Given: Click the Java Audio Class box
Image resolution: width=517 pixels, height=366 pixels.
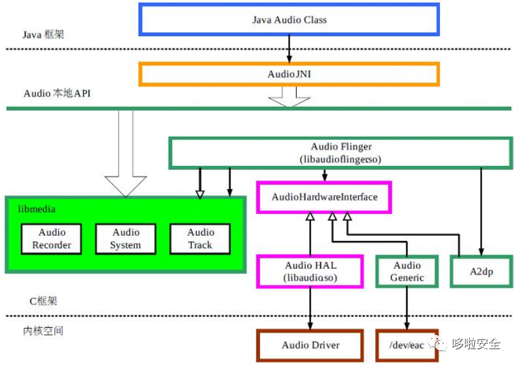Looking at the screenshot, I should tap(289, 19).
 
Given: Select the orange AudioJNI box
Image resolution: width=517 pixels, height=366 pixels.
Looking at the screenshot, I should tap(289, 74).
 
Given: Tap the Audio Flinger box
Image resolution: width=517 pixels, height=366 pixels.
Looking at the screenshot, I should tap(341, 152).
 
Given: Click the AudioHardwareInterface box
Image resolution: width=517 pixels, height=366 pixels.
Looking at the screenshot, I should tap(324, 197).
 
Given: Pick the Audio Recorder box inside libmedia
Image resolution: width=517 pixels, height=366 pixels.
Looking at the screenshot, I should tap(52, 239).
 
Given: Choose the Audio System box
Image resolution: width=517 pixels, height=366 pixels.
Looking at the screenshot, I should tap(126, 239).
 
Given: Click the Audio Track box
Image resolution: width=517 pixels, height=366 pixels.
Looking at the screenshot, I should tap(200, 239).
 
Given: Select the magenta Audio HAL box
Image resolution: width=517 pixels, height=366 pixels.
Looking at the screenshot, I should tap(311, 271).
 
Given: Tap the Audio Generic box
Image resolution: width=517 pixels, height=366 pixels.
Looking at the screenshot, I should tap(407, 271).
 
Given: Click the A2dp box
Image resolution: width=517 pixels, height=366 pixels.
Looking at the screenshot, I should tap(480, 271).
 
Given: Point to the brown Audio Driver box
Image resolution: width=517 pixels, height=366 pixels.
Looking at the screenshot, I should tap(310, 345).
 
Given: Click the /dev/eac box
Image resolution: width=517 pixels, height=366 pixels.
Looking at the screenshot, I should tap(407, 345).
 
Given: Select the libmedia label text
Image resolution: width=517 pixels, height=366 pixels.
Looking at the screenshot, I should tap(37, 209).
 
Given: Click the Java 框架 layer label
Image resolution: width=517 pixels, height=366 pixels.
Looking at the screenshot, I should tap(43, 35).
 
